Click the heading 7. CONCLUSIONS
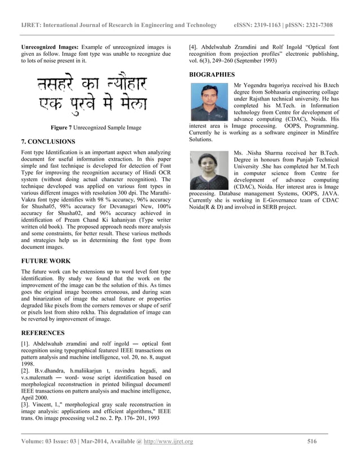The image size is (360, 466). click(x=47, y=141)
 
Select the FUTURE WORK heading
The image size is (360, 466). click(x=46, y=261)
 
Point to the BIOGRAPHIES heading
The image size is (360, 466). click(x=212, y=74)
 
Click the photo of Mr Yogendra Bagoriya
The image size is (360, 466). click(x=209, y=102)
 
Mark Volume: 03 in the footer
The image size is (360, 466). click(x=40, y=441)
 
